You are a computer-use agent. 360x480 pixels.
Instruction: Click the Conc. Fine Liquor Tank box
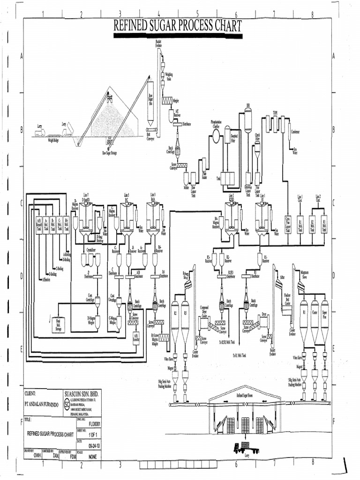click(x=288, y=224)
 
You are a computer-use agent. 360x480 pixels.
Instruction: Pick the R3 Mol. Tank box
click(x=323, y=224)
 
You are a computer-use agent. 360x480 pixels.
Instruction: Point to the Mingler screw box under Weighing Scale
click(x=167, y=100)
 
